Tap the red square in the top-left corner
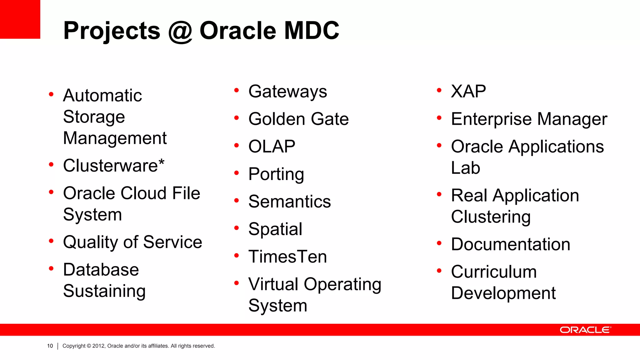point(20,19)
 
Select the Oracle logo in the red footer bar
point(585,330)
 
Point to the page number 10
point(50,346)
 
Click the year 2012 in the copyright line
point(99,346)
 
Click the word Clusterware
point(110,166)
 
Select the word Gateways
point(287,92)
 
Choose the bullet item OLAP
point(272,147)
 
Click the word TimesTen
point(287,257)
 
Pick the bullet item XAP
point(468,92)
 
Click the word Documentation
point(510,244)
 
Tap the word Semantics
point(289,202)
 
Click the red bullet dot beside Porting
point(237,173)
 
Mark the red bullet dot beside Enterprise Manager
point(439,118)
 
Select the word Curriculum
point(494,272)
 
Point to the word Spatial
point(275,229)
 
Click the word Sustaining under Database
point(104,291)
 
